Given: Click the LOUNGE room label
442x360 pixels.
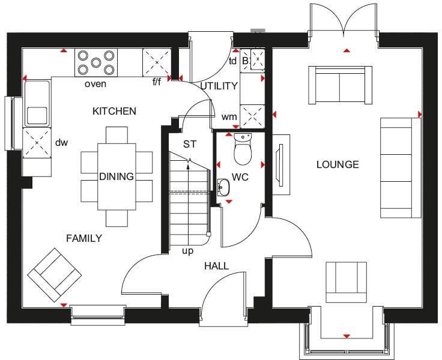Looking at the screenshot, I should click(x=338, y=164).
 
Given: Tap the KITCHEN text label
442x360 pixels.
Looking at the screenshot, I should click(x=114, y=111).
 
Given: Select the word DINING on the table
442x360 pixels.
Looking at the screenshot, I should click(x=117, y=176).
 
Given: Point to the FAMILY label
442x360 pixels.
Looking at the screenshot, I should click(x=83, y=238).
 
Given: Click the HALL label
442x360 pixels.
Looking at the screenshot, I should click(x=216, y=266).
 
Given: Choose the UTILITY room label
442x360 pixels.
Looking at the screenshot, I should click(x=219, y=86).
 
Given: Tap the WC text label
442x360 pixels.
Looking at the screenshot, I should click(x=240, y=178).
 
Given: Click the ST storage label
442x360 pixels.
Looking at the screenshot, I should click(x=190, y=144).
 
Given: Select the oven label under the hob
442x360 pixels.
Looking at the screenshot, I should click(x=95, y=84).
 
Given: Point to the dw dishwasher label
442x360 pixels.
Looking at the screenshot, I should click(x=62, y=143).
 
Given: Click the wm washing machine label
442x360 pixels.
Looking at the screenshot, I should click(x=228, y=116).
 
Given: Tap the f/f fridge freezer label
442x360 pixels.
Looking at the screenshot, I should click(x=157, y=82).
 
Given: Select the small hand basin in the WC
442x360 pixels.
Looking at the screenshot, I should click(x=223, y=187).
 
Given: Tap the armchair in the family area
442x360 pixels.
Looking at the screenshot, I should click(x=54, y=275).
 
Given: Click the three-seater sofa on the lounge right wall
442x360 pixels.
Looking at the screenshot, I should click(x=399, y=167).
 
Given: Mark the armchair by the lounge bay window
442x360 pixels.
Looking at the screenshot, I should click(x=346, y=282).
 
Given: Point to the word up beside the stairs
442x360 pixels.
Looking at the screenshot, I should click(x=187, y=251).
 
